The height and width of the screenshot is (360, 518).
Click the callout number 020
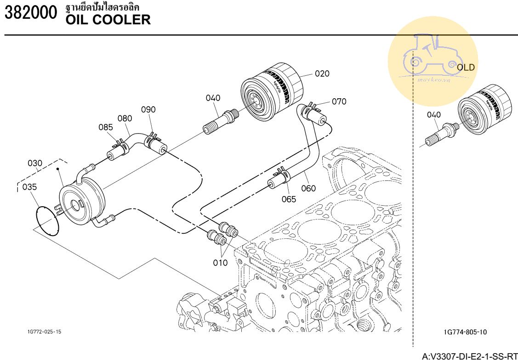point(322,74)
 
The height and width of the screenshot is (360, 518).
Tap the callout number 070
point(339,101)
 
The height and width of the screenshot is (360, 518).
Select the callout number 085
point(106,127)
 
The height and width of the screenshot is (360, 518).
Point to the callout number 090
point(148,110)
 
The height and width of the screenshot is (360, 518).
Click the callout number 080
point(125,118)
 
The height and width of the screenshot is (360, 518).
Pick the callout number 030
point(35,163)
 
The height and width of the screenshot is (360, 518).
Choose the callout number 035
point(29,187)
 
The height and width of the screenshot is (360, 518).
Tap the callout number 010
point(220,263)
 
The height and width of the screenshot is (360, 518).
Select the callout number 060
point(308,188)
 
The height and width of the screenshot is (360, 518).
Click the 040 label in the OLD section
point(433,115)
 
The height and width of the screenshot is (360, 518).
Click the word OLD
point(466,67)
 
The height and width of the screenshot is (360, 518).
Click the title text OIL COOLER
point(108,20)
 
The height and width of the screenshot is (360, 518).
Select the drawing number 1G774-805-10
point(466,332)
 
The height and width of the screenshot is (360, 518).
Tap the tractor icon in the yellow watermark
point(433,57)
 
